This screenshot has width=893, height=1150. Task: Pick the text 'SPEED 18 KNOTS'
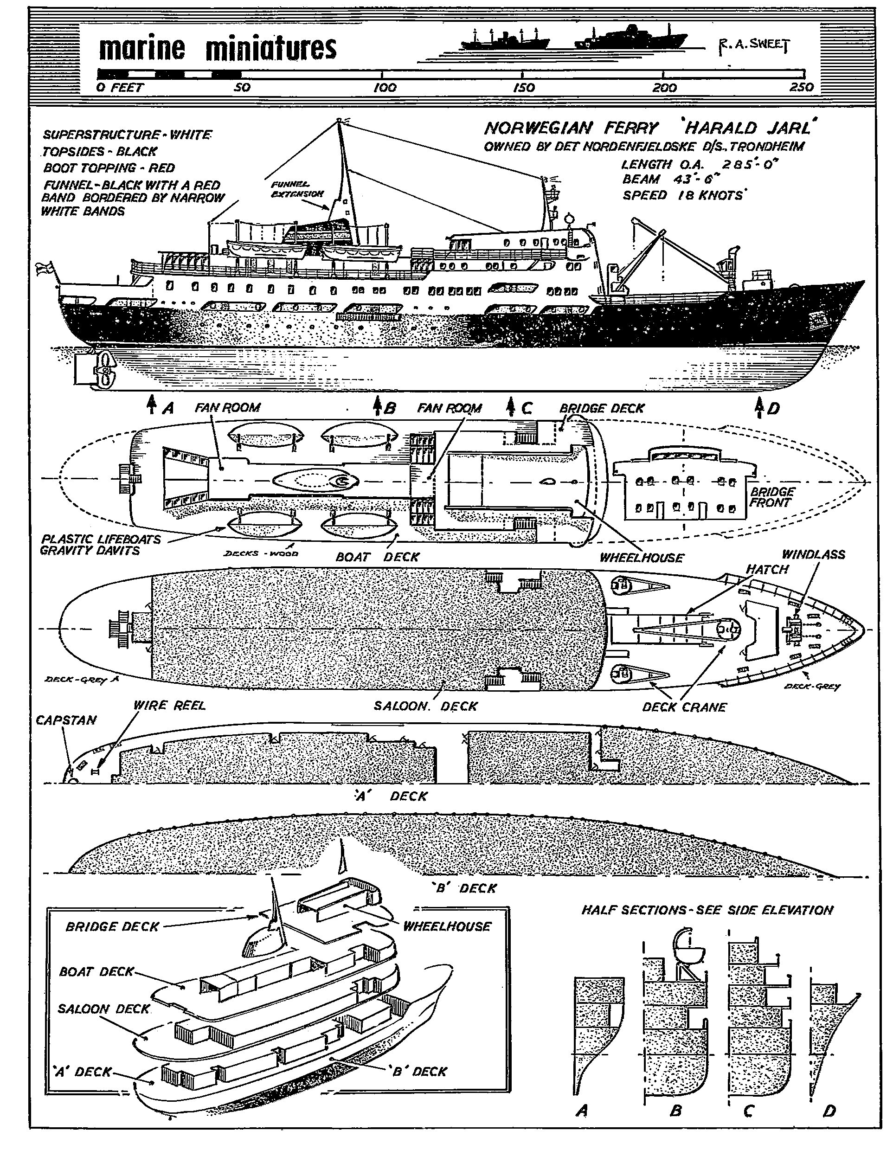coord(683,195)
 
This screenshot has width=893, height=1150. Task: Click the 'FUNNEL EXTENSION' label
coord(297,189)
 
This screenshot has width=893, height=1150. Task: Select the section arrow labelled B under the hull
coord(378,406)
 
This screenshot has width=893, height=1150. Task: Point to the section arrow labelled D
coord(760,407)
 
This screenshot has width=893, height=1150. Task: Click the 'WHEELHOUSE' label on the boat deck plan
coord(641,558)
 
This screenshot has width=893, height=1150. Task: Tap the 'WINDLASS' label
coord(813,554)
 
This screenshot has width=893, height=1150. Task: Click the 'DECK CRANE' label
coord(684,707)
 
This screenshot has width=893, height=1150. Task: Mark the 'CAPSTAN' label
coord(66,720)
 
